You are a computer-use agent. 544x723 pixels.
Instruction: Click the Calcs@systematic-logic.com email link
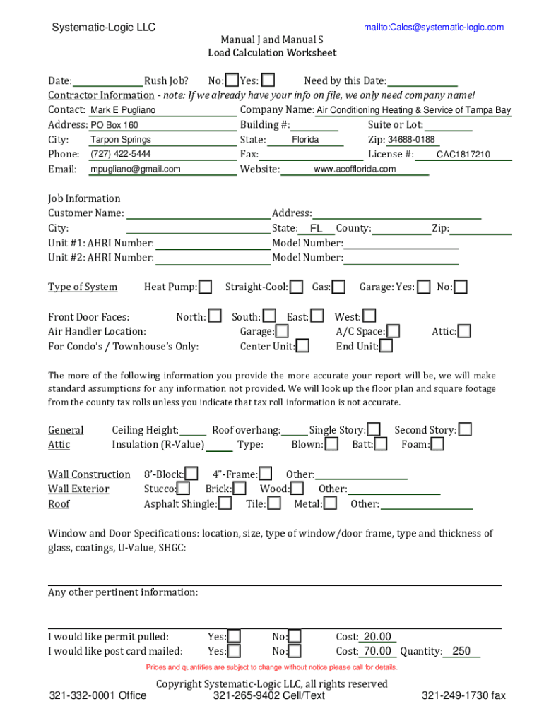click(434, 28)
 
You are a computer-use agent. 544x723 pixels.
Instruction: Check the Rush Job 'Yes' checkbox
click(268, 80)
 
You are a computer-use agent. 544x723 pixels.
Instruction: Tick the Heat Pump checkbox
click(205, 287)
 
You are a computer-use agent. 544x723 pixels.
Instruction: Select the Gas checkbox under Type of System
click(339, 287)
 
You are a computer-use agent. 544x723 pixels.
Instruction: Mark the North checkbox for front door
click(215, 316)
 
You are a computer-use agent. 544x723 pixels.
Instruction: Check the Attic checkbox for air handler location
click(464, 331)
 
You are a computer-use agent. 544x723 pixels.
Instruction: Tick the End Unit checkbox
click(386, 346)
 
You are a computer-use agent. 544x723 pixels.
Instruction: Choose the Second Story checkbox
click(465, 429)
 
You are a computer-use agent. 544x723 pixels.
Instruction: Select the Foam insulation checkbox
click(437, 444)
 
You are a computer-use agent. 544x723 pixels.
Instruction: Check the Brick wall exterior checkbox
click(240, 488)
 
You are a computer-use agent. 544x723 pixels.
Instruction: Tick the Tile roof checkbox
click(274, 503)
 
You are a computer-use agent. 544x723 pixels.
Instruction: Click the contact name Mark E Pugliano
click(124, 110)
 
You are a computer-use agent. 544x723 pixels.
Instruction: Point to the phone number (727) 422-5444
click(121, 154)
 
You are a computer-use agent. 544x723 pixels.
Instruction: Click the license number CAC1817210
click(463, 155)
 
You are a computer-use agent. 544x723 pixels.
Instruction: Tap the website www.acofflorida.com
click(355, 169)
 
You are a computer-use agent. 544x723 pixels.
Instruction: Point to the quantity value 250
click(461, 651)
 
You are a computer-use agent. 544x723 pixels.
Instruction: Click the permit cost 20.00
click(377, 637)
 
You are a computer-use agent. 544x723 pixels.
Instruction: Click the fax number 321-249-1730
click(463, 695)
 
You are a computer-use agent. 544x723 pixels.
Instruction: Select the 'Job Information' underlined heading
click(84, 198)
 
